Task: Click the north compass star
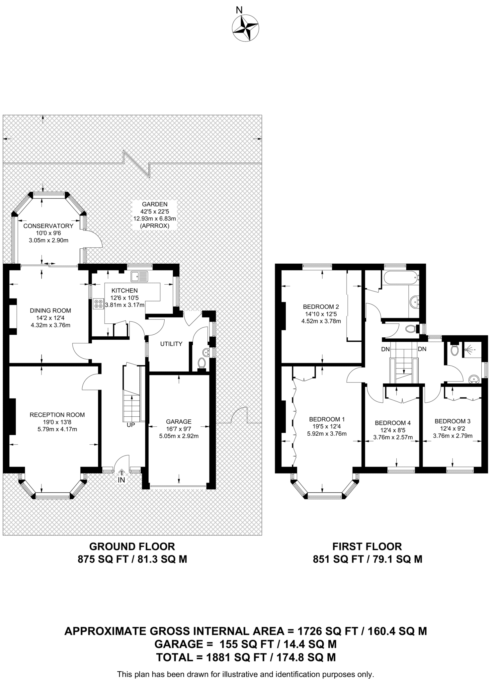[245, 28]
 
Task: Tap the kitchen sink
[139, 276]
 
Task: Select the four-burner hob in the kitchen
[99, 304]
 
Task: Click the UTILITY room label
[171, 344]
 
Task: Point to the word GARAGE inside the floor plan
[179, 422]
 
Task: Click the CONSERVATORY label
[48, 226]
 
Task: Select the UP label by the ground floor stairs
[131, 425]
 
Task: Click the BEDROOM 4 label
[393, 423]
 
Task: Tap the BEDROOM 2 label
[321, 307]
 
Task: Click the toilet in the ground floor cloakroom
[201, 363]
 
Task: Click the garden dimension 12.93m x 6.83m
[155, 219]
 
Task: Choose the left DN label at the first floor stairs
[385, 349]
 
